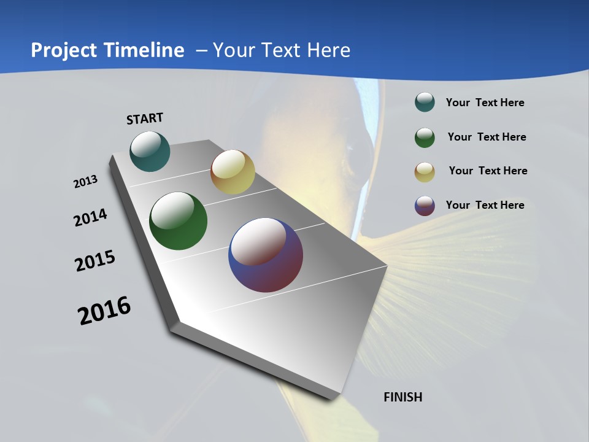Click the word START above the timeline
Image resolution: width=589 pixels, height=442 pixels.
click(x=145, y=118)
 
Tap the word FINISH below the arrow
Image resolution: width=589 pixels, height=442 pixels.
click(x=403, y=397)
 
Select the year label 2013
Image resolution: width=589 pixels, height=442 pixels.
click(x=85, y=182)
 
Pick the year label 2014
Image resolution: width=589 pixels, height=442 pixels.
click(x=91, y=218)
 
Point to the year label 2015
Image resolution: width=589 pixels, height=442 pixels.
click(x=95, y=261)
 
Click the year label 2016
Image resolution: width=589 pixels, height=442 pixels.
click(x=104, y=311)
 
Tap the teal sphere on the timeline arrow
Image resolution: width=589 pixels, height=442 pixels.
click(x=150, y=151)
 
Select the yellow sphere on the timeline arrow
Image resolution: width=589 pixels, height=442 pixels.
click(x=233, y=172)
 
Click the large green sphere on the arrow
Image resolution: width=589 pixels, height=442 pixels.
click(x=178, y=221)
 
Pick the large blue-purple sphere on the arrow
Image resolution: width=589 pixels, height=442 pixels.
click(x=266, y=255)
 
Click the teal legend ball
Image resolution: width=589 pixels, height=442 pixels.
click(x=425, y=103)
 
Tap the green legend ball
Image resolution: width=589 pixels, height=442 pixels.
click(x=425, y=138)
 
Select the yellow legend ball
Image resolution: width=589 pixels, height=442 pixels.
click(x=425, y=171)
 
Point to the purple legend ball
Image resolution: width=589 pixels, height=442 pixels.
click(x=425, y=206)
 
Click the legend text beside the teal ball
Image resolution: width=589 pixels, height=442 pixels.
click(x=485, y=103)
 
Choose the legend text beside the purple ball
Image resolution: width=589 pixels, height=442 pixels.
click(x=485, y=205)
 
